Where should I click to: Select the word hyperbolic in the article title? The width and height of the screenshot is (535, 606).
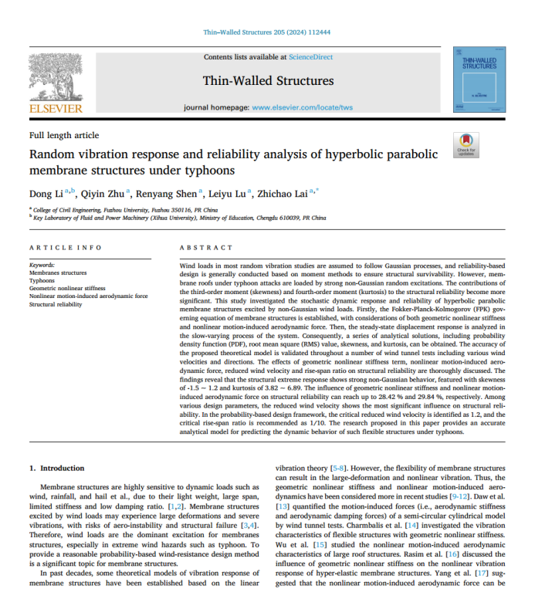coord(345,154)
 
